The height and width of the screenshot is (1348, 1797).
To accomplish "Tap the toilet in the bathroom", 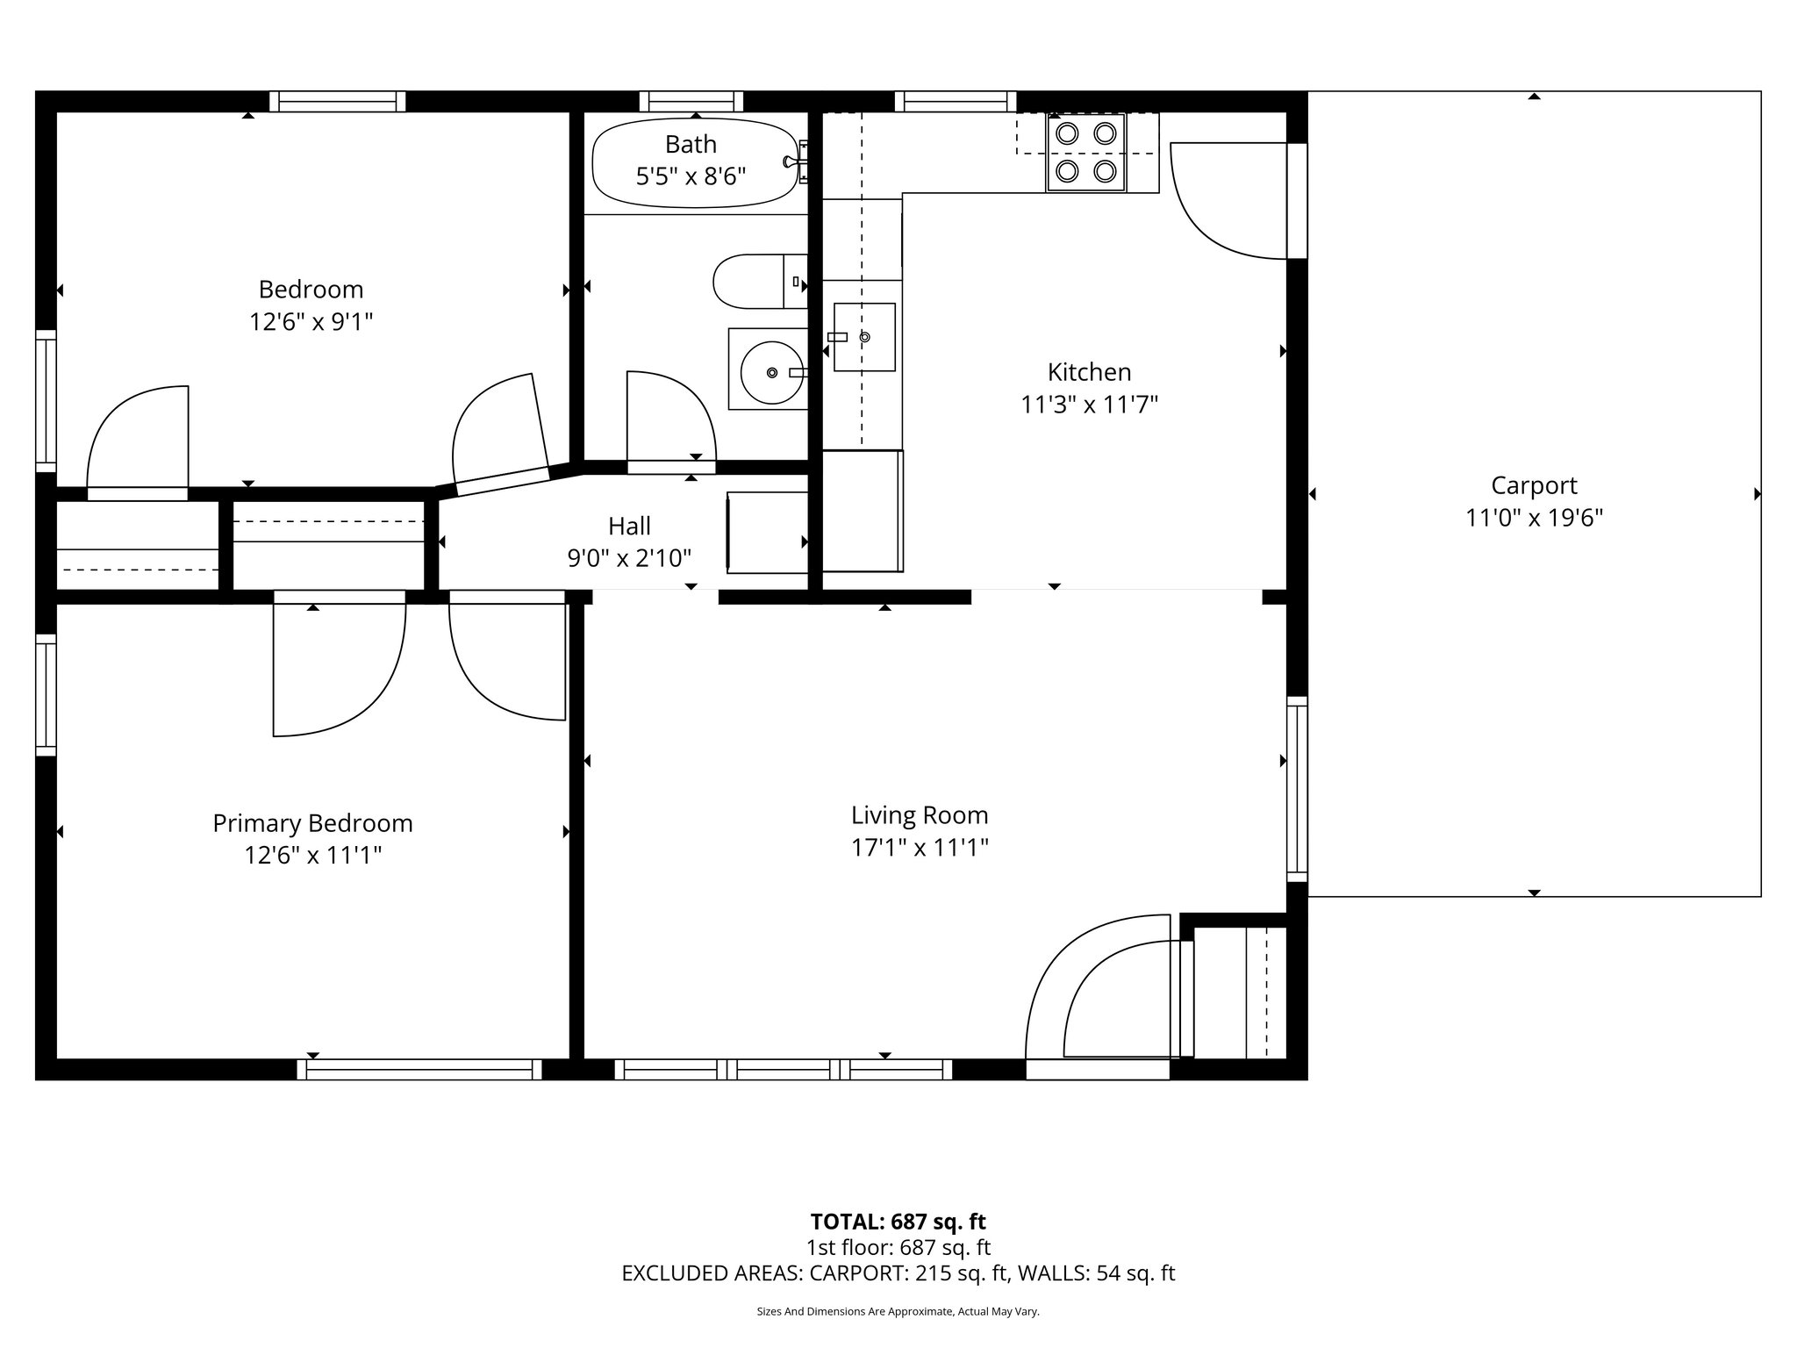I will pyautogui.click(x=755, y=282).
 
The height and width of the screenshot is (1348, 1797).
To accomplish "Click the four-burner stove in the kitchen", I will pyautogui.click(x=1085, y=153).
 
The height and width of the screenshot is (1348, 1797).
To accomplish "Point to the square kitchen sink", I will pyautogui.click(x=864, y=337).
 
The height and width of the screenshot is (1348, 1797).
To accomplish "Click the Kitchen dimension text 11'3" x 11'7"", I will pyautogui.click(x=1089, y=405).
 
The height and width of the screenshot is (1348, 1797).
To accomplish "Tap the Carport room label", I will pyautogui.click(x=1534, y=485).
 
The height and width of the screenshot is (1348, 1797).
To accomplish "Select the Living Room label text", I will pyautogui.click(x=920, y=815).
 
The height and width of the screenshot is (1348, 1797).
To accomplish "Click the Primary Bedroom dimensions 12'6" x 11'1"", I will pyautogui.click(x=312, y=855).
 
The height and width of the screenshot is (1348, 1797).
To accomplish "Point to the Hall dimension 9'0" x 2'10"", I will pyautogui.click(x=629, y=558).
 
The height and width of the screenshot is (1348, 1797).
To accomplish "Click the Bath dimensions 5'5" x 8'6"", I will pyautogui.click(x=691, y=177).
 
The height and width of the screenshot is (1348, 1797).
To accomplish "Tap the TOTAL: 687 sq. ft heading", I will pyautogui.click(x=898, y=1222).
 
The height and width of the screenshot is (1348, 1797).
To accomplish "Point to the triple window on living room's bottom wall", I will pyautogui.click(x=783, y=1069).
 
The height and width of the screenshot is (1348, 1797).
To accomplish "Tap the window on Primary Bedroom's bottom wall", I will pyautogui.click(x=419, y=1069).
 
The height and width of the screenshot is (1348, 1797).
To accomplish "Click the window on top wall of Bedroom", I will pyautogui.click(x=337, y=102).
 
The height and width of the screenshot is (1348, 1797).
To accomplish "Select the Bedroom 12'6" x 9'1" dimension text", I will pyautogui.click(x=311, y=322).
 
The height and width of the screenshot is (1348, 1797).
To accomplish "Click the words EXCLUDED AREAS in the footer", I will pyautogui.click(x=712, y=1273).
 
